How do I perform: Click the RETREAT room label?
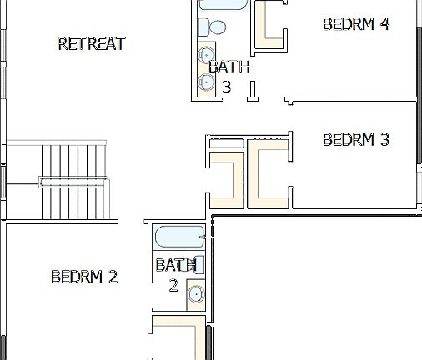coord(92,44)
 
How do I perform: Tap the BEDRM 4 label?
coord(356,23)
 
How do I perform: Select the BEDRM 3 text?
coord(356,139)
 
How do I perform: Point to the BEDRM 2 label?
coord(84,277)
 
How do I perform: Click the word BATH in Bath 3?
coord(229,67)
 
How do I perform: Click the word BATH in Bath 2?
coord(176,266)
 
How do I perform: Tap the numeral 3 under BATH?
coord(226,86)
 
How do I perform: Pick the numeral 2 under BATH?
coord(173,285)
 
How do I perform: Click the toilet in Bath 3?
coord(215,27)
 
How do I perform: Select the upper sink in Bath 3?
coord(206,56)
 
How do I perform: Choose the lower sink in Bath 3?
coord(206,82)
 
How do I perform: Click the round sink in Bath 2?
coord(196,293)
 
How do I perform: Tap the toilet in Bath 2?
coord(199,265)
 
